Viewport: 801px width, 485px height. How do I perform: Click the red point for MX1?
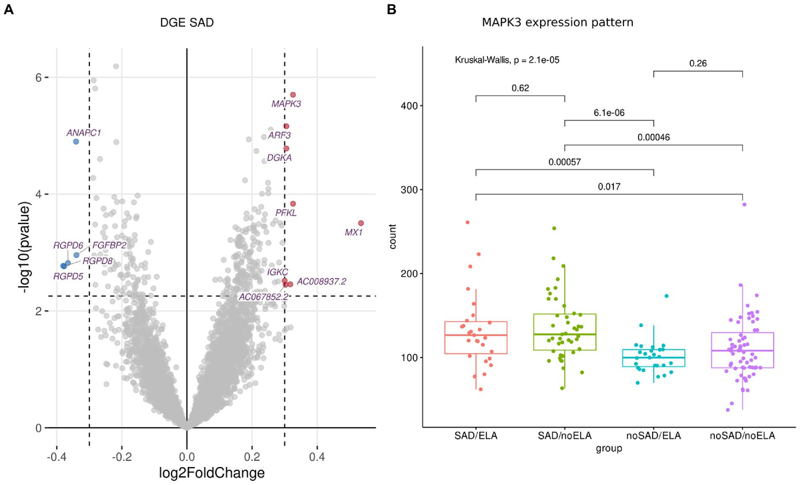coord(360,223)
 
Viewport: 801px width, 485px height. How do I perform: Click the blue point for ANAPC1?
coord(76,141)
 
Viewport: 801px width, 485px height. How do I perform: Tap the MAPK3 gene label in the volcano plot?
coord(286,104)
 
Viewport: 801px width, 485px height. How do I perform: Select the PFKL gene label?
coord(286,213)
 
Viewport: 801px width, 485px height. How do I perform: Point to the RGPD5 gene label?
coord(69,275)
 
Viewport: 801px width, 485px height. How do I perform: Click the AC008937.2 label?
coord(321,282)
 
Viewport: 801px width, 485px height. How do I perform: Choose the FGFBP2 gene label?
coord(109,245)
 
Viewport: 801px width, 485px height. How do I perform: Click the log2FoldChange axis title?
coord(186,472)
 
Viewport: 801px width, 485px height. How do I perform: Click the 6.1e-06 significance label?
coord(609,113)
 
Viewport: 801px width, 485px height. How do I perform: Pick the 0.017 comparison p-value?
coord(609,187)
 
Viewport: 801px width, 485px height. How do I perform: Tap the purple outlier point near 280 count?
coord(744,205)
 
